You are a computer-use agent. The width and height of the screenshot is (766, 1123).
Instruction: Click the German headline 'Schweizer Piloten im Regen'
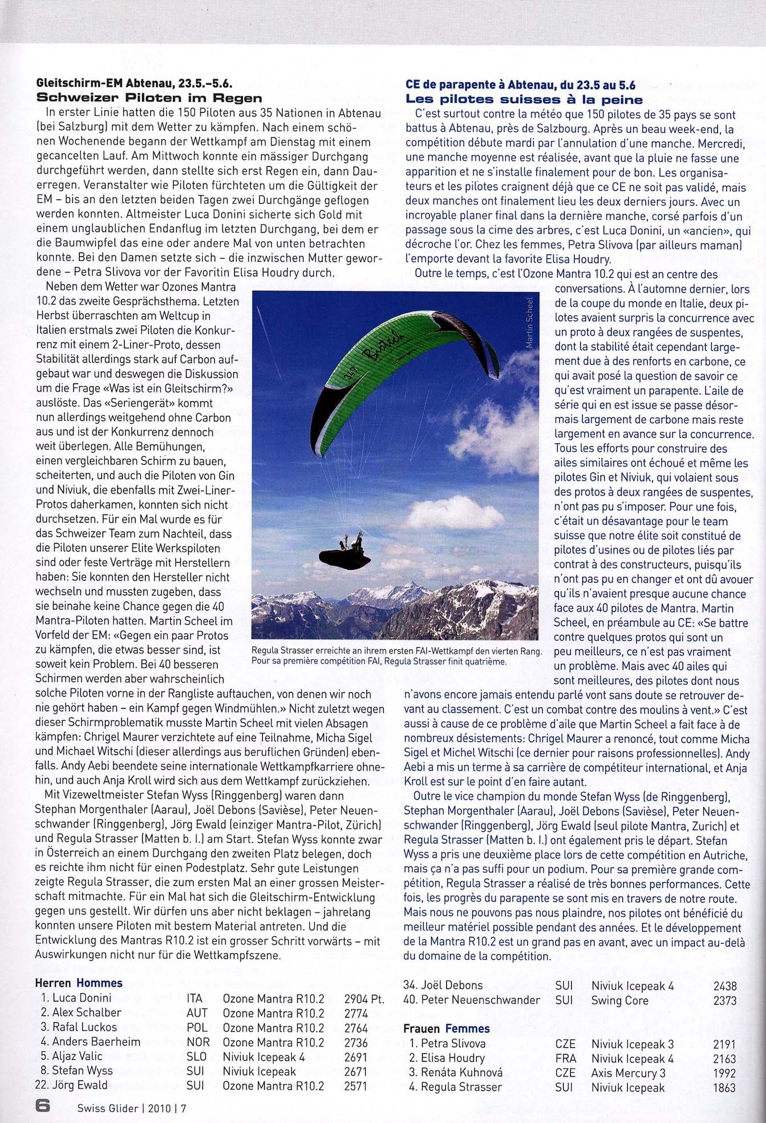point(149,98)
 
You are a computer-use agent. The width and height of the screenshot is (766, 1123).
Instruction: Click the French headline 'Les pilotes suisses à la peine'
point(524,99)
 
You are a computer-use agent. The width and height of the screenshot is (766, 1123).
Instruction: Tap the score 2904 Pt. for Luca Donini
point(364,999)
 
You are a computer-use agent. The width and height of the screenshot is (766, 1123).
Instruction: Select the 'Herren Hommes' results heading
point(79,983)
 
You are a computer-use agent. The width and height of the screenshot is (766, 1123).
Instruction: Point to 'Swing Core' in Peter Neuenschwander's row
point(619,1000)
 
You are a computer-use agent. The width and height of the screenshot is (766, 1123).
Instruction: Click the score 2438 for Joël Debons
point(725,986)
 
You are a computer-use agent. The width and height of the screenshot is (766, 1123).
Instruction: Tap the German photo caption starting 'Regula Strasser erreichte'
point(396,651)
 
